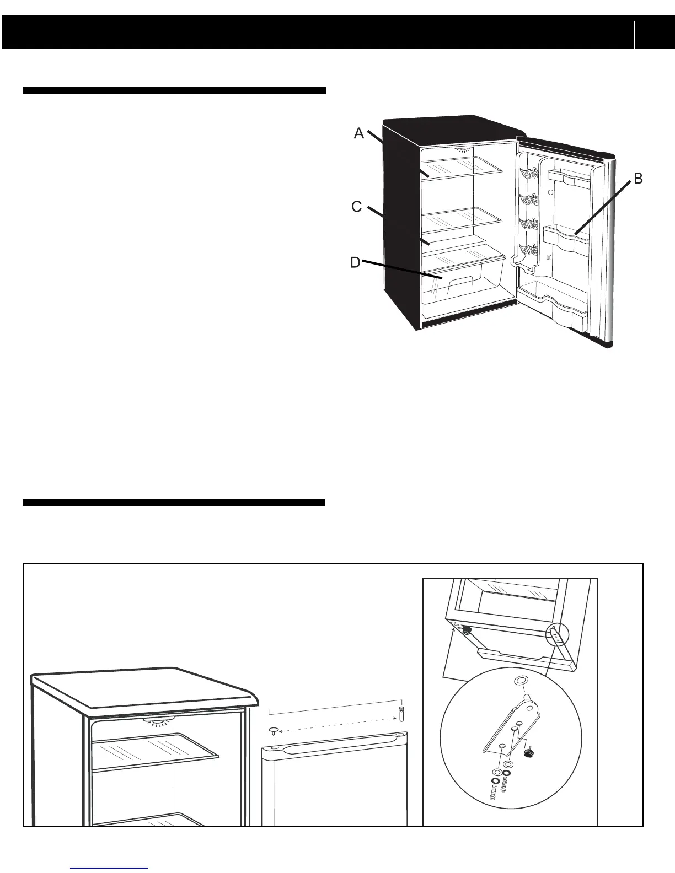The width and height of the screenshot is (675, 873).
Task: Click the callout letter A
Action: [359, 133]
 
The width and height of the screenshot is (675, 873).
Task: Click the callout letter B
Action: [637, 179]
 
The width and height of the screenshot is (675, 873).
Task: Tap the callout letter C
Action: [357, 207]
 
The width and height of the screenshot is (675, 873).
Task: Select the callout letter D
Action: [355, 262]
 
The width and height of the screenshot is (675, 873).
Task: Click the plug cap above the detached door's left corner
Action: [275, 731]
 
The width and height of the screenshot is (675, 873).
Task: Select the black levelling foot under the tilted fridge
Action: [467, 629]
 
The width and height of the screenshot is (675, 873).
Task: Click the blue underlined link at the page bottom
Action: [110, 868]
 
